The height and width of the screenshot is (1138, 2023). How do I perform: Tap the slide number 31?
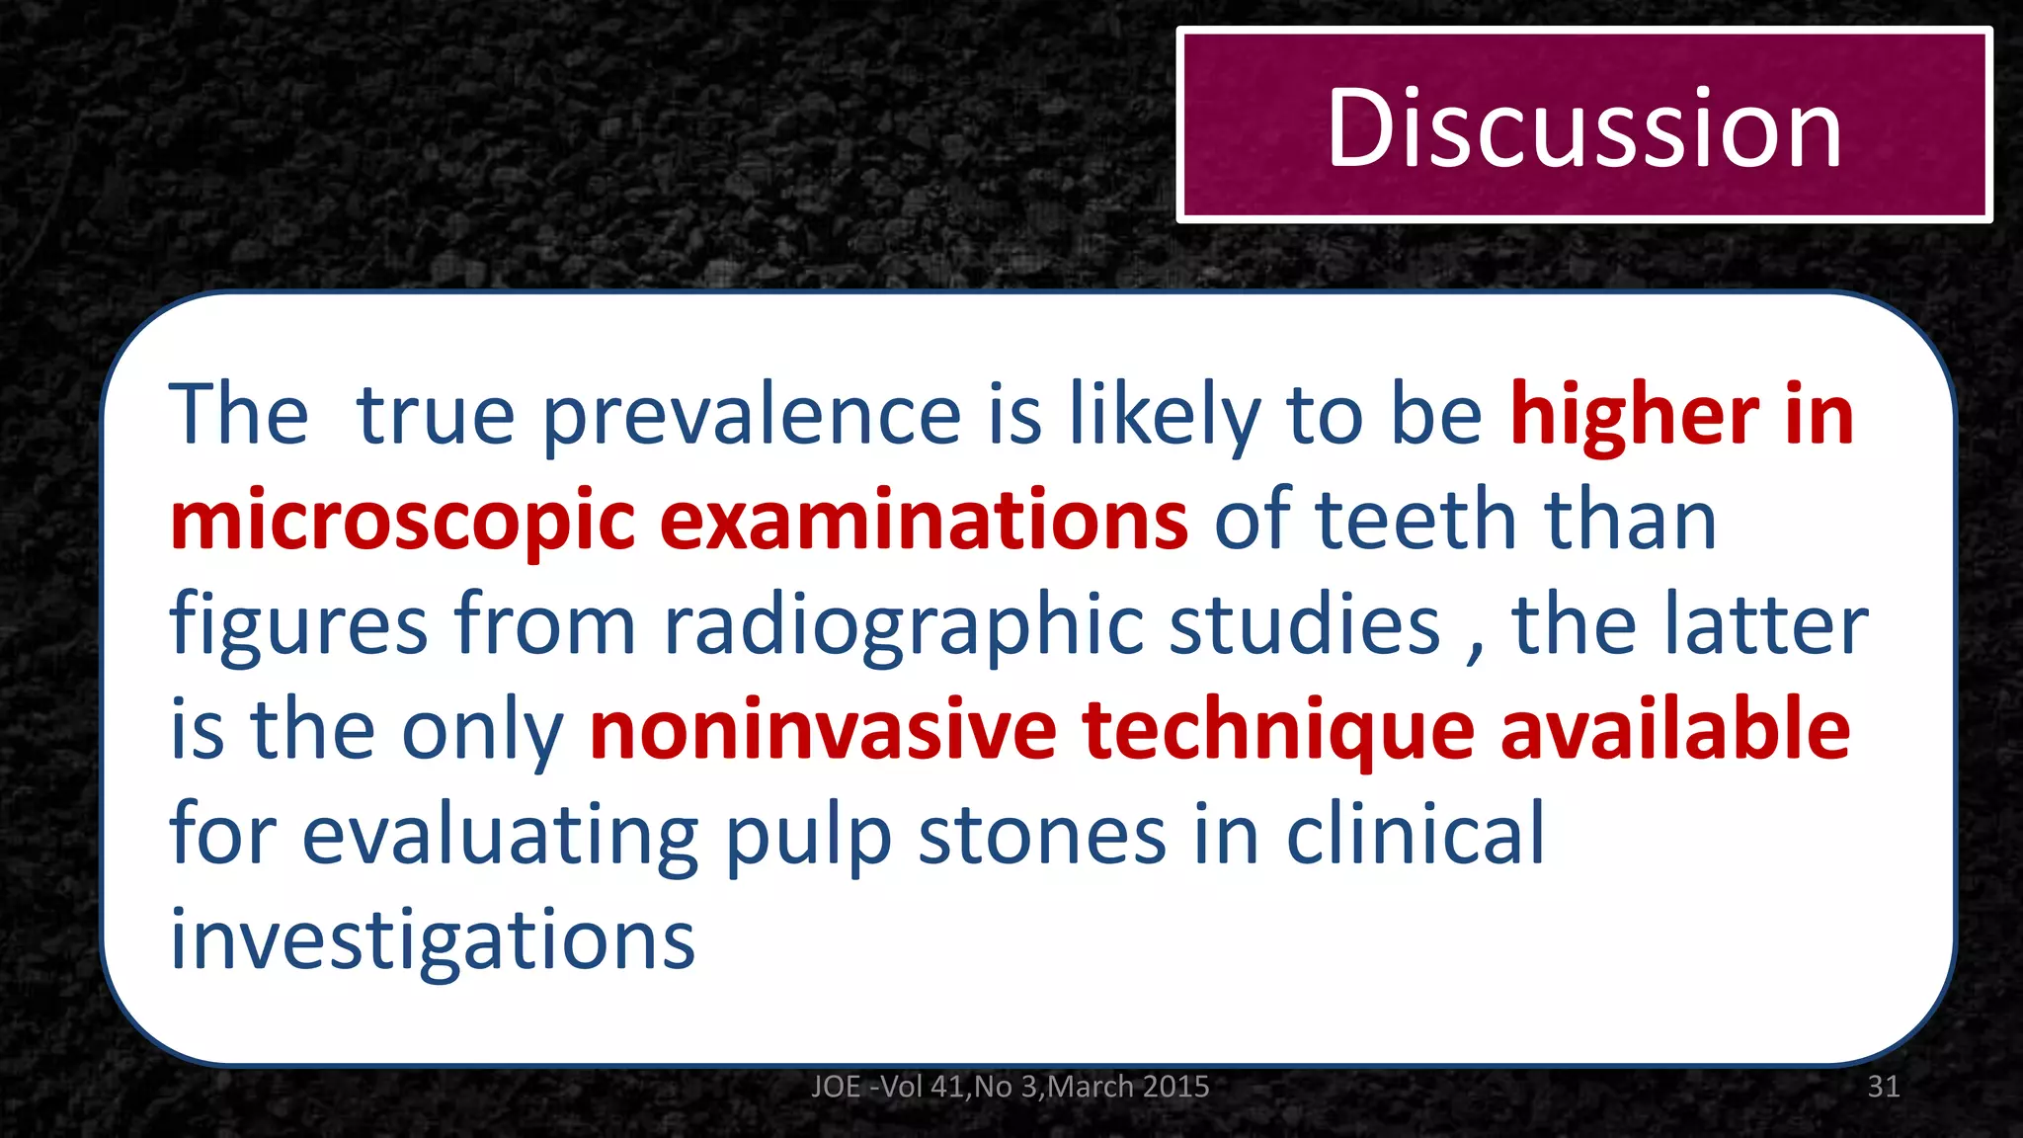1883,1087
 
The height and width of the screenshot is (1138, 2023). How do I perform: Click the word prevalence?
752,415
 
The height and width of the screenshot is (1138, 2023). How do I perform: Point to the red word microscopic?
402,521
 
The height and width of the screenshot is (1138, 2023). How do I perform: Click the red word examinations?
924,521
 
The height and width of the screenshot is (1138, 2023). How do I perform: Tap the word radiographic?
903,625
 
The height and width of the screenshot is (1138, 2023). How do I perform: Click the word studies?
1305,625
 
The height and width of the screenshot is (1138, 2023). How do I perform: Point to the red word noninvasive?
823,730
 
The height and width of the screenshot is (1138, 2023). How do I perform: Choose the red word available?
1674,730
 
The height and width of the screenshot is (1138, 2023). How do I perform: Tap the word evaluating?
500,836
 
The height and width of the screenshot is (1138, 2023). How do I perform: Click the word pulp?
809,836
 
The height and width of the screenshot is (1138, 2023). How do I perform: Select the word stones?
1042,836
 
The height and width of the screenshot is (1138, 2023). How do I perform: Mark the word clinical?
1415,836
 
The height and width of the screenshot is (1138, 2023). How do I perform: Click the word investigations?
433,940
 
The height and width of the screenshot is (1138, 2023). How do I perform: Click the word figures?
298,625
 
